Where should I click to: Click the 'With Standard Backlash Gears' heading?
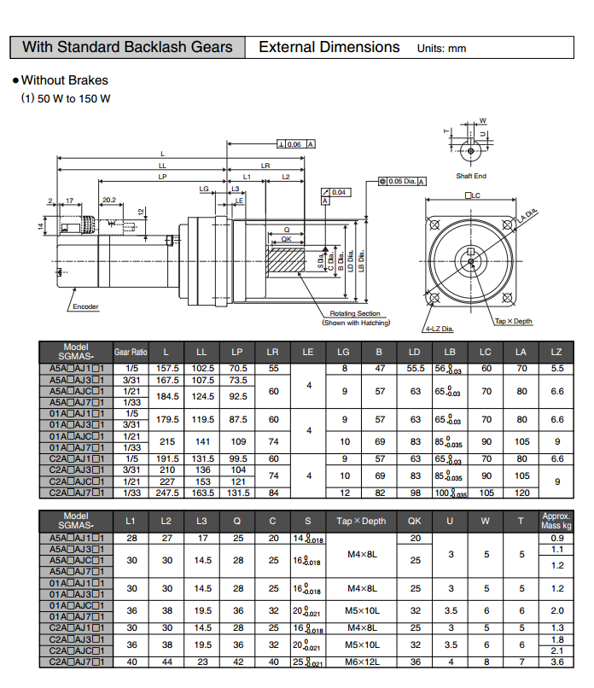[127, 47]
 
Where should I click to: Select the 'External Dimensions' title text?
[329, 47]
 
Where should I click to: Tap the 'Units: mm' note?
[441, 49]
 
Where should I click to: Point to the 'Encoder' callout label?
[85, 306]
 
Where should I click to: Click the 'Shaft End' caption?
[471, 176]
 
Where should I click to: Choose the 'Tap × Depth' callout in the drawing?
[513, 321]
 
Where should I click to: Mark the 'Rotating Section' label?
[355, 314]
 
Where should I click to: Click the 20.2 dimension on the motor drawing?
[109, 201]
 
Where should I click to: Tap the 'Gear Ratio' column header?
[131, 352]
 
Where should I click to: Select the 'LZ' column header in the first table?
[556, 352]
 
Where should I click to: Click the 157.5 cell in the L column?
[166, 368]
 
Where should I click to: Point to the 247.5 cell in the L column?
[166, 493]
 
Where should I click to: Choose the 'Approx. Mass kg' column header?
[556, 521]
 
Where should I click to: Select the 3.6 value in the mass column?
[556, 662]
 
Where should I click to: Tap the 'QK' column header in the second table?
[416, 521]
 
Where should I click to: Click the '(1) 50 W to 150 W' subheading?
[66, 99]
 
